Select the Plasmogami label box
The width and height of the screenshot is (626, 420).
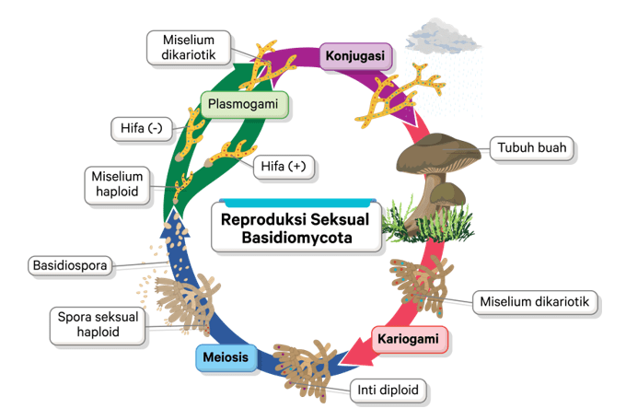[242, 104]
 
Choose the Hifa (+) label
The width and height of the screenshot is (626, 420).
[283, 167]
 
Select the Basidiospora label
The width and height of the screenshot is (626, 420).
[70, 266]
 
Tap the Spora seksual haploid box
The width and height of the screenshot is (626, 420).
[99, 322]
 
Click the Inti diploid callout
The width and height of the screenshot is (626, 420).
[388, 391]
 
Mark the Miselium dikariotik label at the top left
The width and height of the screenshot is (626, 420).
[189, 47]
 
